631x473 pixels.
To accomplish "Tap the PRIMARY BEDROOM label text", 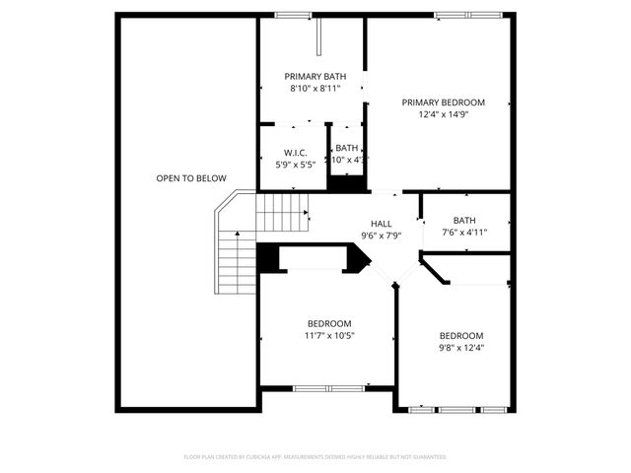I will (443, 101).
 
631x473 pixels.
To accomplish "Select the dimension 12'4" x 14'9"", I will (443, 113).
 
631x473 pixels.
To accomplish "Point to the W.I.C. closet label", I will (296, 153).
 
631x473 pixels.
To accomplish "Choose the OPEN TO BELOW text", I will (191, 178).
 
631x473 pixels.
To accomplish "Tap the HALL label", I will (382, 224).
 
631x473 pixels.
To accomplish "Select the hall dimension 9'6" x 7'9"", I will (382, 235).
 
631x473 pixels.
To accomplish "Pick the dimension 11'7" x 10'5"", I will (329, 335).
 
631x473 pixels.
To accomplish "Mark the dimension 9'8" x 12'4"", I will (461, 347).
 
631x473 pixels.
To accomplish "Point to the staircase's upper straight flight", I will (283, 210).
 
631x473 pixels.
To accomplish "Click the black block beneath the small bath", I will (345, 183).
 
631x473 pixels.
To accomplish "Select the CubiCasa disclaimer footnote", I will (315, 457).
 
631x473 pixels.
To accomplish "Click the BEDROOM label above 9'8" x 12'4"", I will (461, 335).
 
